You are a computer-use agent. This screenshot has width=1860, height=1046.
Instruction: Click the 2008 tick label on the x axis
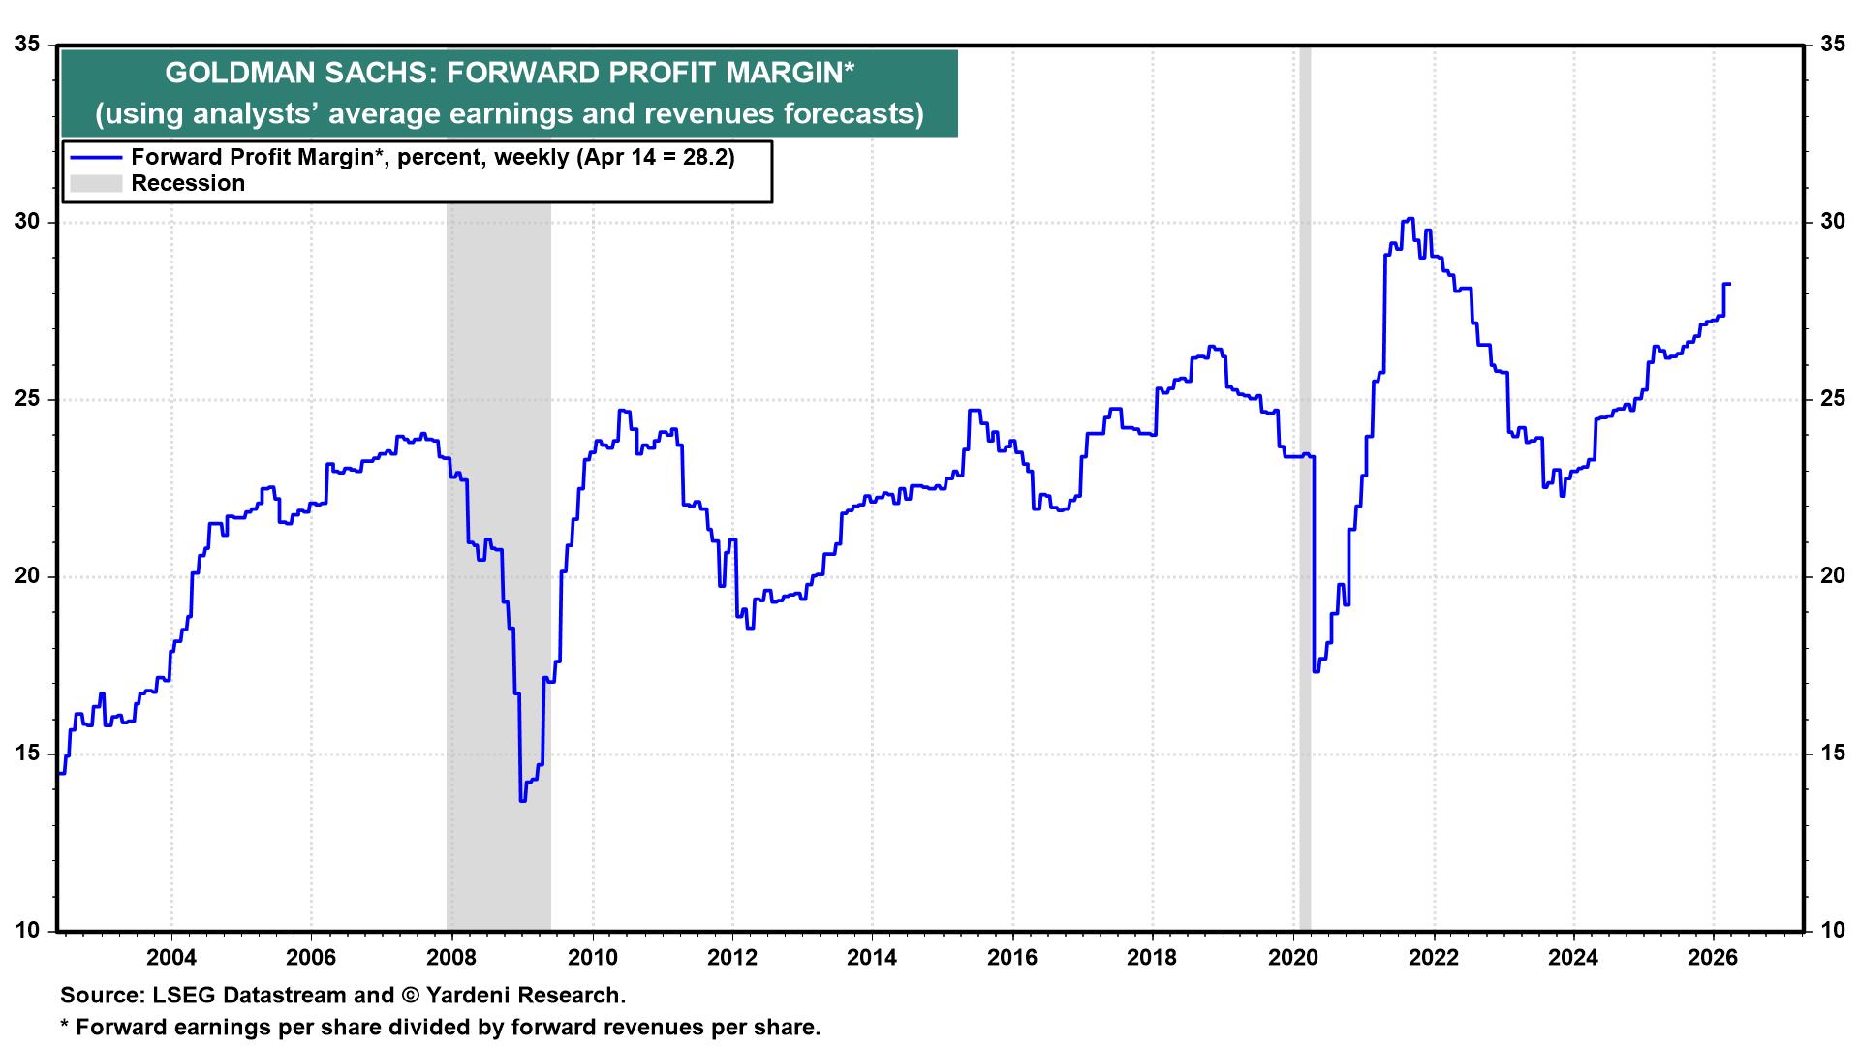coord(451,959)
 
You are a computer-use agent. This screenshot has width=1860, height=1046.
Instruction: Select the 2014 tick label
coord(872,959)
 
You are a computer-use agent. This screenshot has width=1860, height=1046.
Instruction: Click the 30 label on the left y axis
coord(31,222)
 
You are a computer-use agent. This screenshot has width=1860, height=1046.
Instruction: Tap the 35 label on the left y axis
coord(31,45)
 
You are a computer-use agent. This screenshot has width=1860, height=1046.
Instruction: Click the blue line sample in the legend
coord(95,158)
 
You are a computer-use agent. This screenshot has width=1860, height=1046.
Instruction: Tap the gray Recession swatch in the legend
coord(95,184)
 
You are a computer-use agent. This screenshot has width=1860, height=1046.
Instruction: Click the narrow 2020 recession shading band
coord(1305,484)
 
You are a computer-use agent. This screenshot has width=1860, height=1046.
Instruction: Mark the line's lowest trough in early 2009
coord(522,800)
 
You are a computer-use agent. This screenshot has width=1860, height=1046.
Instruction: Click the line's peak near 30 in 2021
coord(1410,219)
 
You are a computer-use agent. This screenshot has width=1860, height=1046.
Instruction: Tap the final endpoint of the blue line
coord(1729,284)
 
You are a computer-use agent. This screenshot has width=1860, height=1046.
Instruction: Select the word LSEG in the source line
coord(175,995)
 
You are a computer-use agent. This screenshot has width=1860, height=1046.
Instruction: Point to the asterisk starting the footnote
coord(65,1025)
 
